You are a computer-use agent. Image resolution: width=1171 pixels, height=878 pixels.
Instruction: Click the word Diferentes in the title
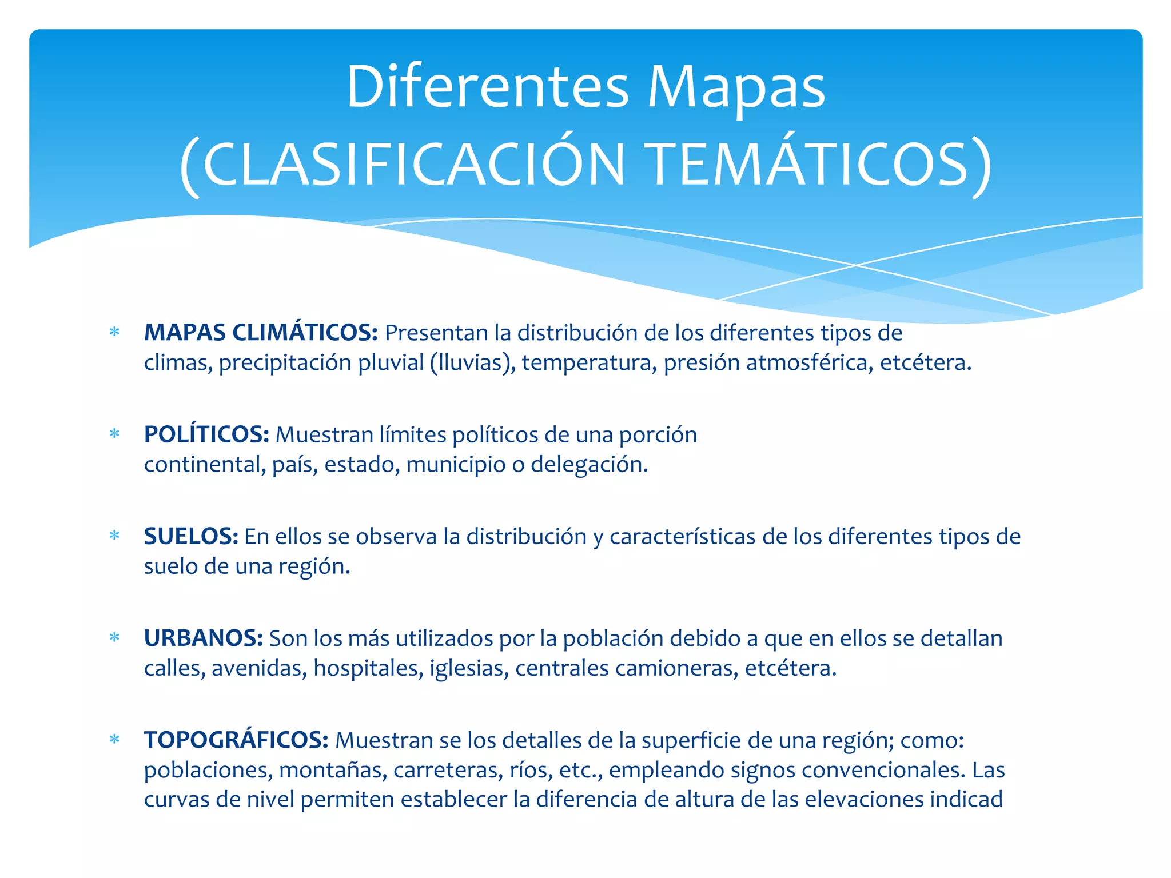coord(487,87)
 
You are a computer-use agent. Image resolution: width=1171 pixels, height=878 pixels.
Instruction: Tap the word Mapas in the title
coord(736,87)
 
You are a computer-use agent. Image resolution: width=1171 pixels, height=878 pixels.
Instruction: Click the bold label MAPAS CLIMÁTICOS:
coord(261,333)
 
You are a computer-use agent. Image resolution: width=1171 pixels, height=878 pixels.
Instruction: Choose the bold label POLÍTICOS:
coord(206,434)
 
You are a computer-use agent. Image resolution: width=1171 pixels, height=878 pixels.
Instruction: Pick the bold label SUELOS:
coord(191,536)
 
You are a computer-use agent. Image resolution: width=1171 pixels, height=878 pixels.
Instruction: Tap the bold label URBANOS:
coord(203,638)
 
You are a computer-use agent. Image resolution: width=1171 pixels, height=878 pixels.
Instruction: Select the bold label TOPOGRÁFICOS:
coord(236,740)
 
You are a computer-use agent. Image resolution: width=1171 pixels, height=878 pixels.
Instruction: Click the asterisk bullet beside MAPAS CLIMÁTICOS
coord(114,332)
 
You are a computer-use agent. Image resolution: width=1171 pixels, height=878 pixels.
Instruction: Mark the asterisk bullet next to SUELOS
coord(114,536)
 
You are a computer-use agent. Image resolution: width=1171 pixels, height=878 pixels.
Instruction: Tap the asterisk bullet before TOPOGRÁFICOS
coord(114,740)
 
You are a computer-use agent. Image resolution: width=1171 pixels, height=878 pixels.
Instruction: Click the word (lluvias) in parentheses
coord(473,362)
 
